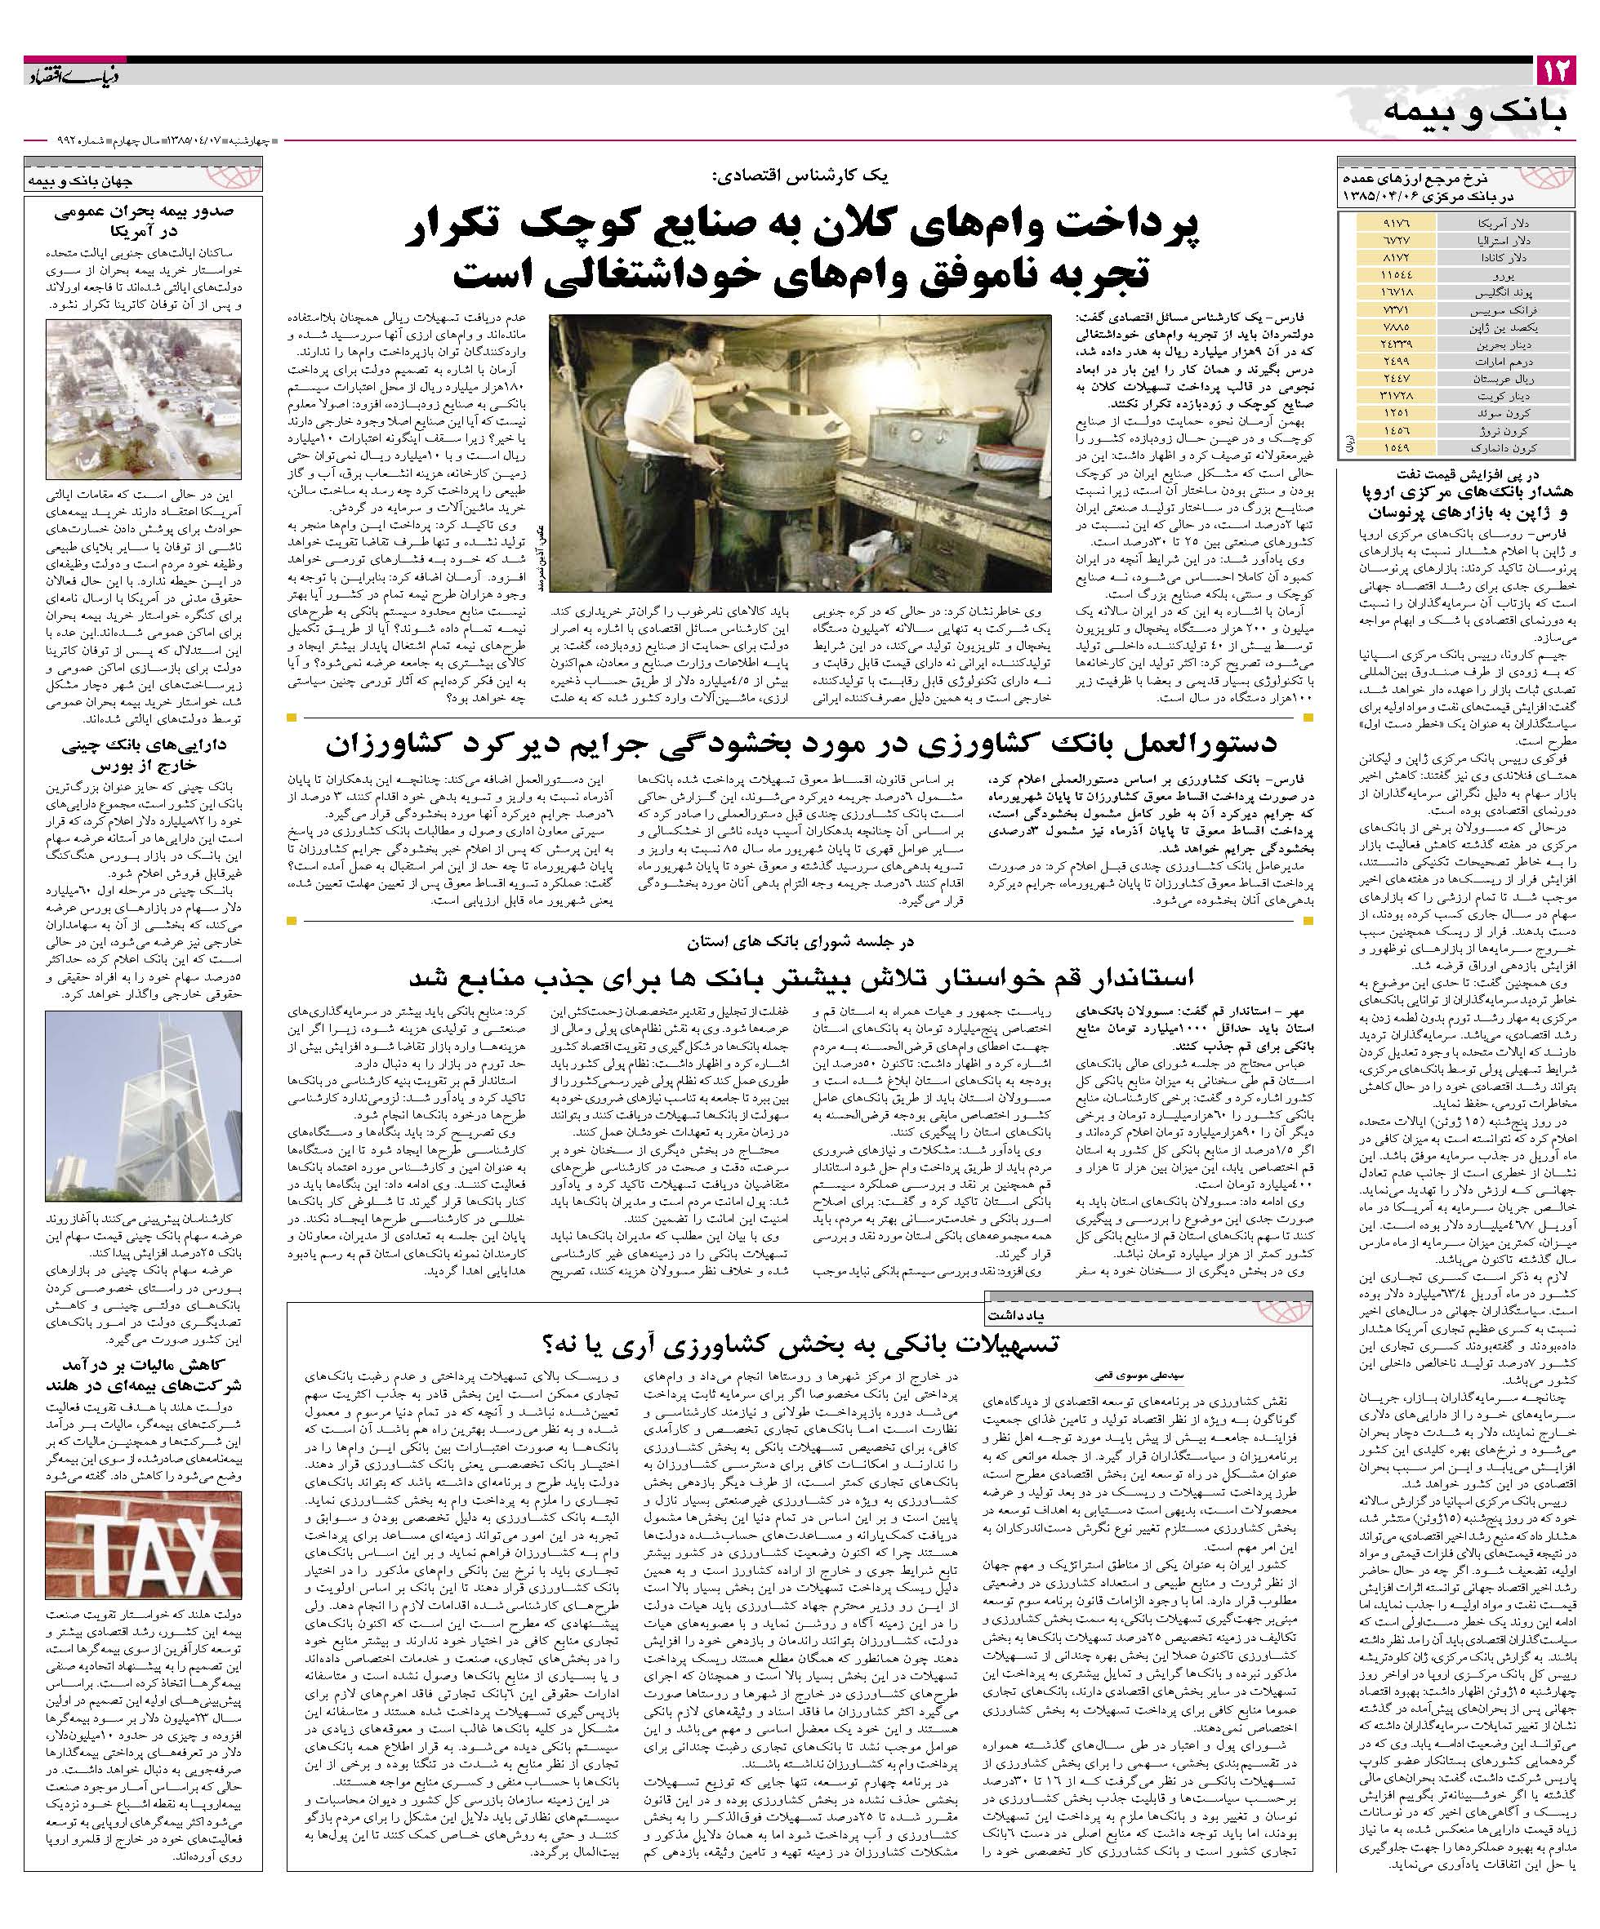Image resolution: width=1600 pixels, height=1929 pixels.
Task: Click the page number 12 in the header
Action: tap(1555, 71)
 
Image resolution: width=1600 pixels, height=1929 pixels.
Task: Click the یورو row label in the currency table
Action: tap(1512, 274)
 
